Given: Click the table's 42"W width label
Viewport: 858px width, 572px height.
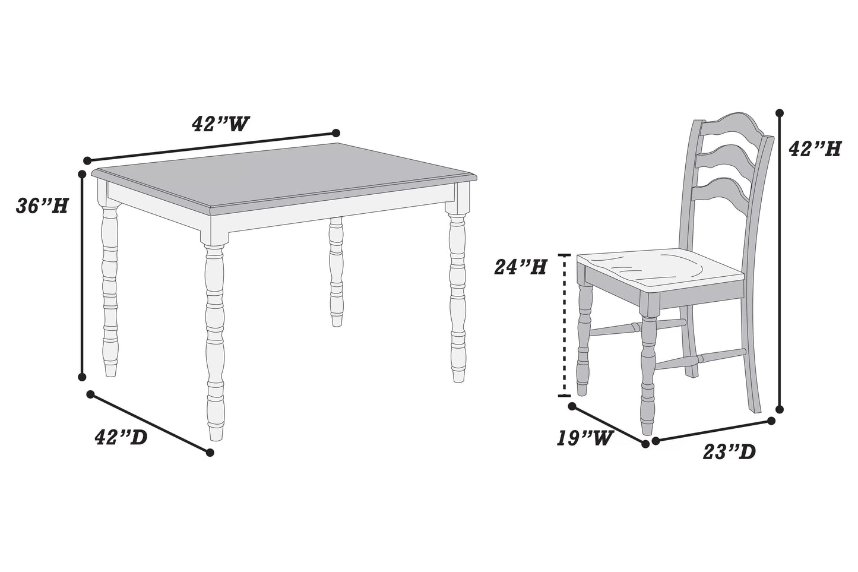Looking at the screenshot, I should pos(220,124).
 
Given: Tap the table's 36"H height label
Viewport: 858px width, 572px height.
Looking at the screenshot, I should pos(42,206).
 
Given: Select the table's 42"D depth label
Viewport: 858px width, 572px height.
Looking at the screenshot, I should pos(121,438).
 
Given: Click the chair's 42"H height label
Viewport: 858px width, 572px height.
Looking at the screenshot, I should pos(814,148).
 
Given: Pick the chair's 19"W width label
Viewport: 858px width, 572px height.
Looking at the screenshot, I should pos(584,438).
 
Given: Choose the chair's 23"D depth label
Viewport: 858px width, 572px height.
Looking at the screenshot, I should pos(729,452).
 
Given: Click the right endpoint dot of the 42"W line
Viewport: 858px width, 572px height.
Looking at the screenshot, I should pos(335,132).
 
